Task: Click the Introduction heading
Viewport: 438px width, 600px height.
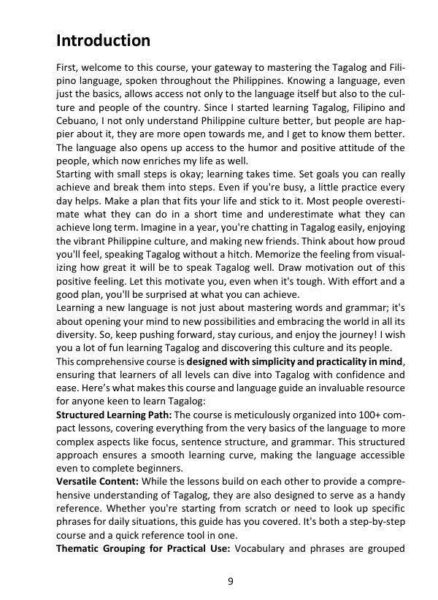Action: point(103,40)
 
